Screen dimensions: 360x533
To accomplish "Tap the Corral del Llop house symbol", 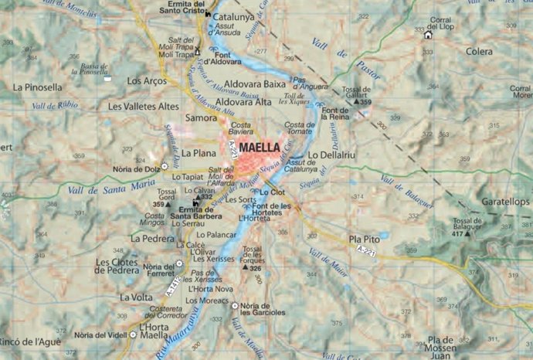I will tap(428, 34).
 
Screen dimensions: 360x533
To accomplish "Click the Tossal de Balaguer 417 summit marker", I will tap(467, 233).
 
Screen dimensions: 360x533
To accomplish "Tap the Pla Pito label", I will tap(365, 239).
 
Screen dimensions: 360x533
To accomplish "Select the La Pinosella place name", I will tap(37, 87).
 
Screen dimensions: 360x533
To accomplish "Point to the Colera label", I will tap(480, 52).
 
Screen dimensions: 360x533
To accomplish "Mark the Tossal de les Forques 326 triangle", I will tap(244, 268).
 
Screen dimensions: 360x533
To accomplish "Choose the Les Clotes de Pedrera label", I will tap(116, 266).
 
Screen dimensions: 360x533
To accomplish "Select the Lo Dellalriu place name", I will tap(331, 155).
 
